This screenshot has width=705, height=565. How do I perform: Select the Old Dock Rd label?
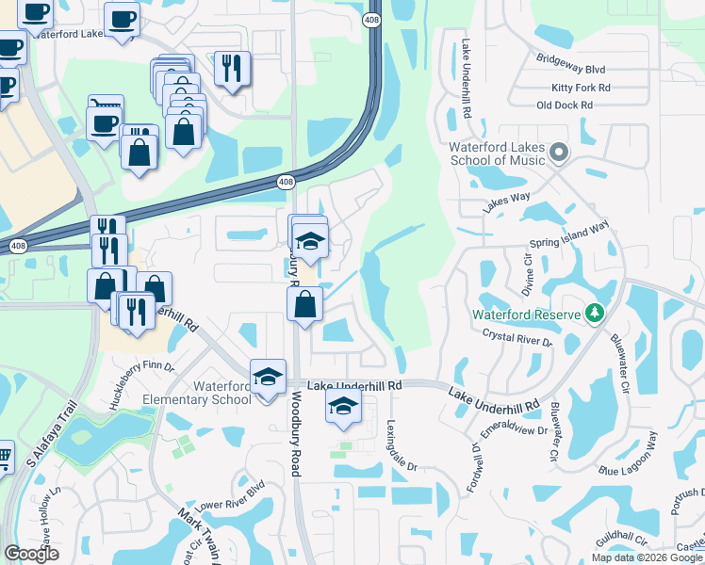tap(564, 105)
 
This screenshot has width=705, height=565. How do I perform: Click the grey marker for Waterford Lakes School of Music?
tap(559, 152)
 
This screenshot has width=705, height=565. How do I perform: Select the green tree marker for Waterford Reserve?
tap(594, 313)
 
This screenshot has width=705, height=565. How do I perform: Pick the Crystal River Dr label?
tap(516, 335)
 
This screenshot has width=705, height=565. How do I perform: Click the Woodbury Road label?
tap(294, 434)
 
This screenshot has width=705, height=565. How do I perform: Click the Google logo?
tap(31, 553)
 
